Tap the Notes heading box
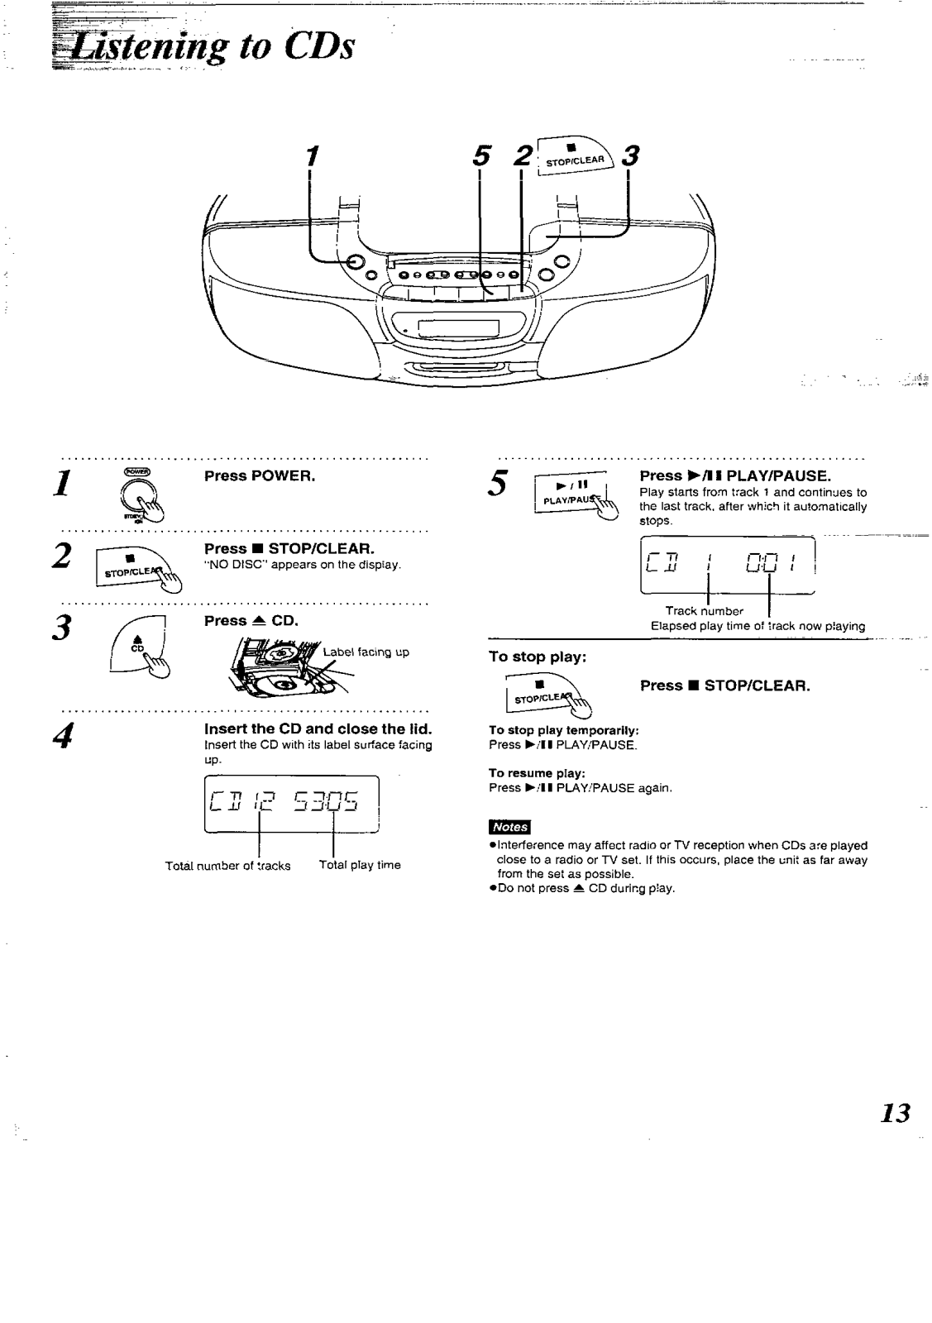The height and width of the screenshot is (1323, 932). (x=509, y=827)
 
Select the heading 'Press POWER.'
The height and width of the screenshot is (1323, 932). (x=260, y=476)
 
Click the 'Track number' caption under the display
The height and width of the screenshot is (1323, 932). (x=704, y=611)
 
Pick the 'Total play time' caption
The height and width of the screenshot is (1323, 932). (x=360, y=865)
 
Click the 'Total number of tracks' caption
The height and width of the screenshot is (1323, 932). (x=227, y=866)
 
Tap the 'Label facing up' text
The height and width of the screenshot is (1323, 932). (x=366, y=652)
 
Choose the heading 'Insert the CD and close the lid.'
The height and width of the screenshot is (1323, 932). (x=318, y=729)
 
